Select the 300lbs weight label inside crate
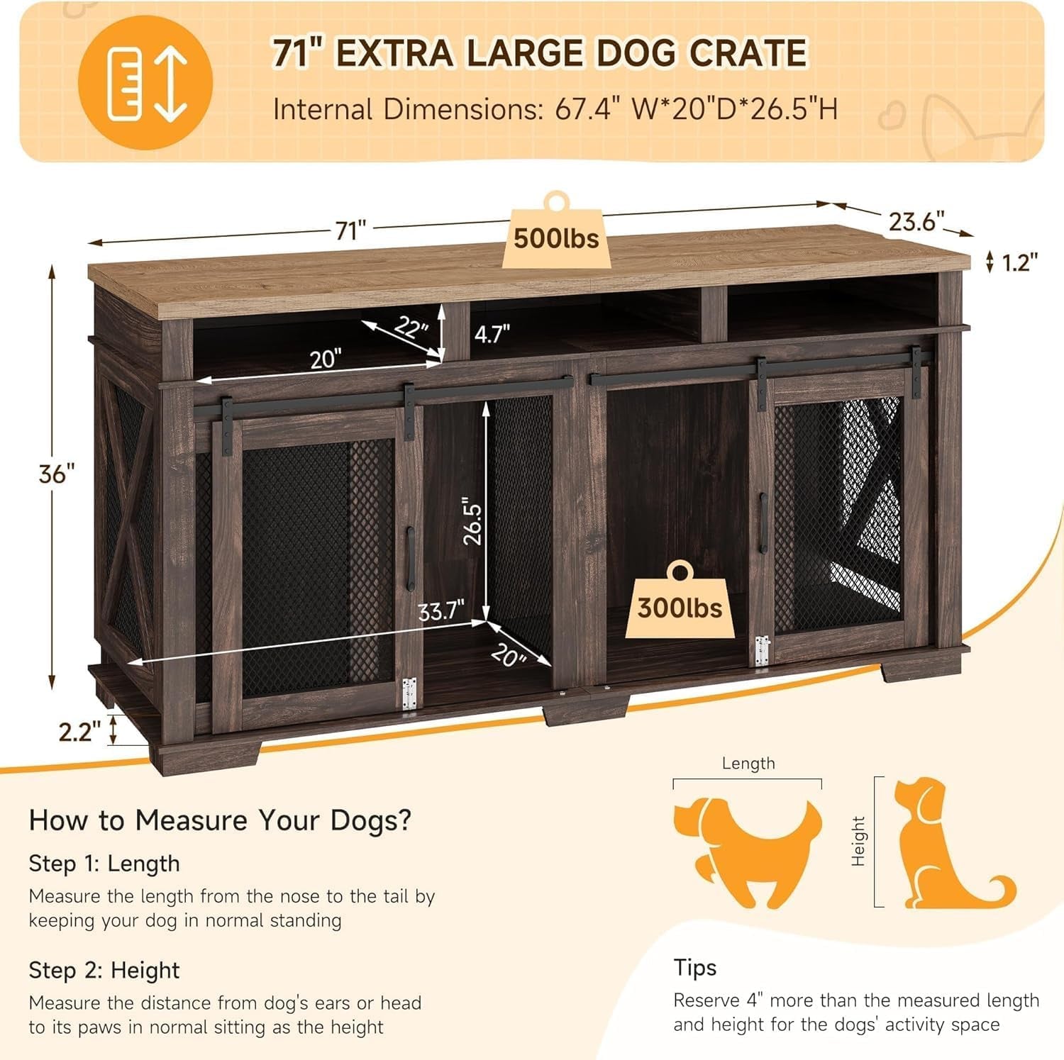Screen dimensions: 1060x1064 680,608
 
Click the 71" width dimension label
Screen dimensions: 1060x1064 350,230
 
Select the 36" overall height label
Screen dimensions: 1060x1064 57,473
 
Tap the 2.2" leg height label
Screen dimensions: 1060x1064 75,731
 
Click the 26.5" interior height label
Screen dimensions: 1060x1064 472,524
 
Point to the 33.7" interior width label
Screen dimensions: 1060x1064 441,610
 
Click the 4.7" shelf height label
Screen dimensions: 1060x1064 492,333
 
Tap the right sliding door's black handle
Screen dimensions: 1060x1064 763,523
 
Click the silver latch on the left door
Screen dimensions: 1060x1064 409,693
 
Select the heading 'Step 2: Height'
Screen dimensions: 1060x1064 104,969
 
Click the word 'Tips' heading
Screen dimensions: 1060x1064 695,967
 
